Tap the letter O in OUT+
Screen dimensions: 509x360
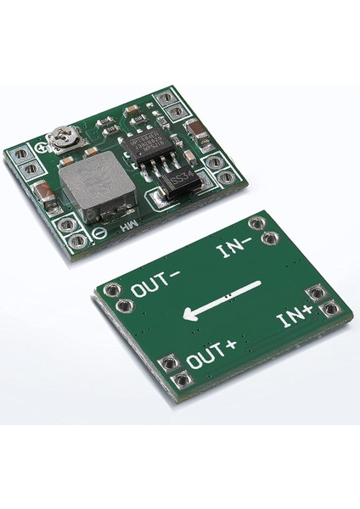pos(193,361)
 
